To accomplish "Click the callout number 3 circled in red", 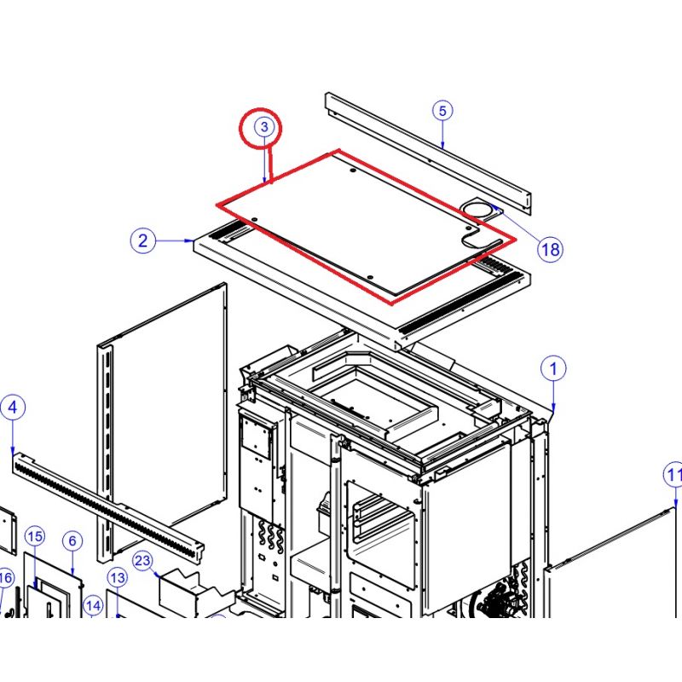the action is coord(264,126).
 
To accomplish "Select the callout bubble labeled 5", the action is coord(442,111).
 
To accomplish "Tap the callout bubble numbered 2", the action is coord(142,240).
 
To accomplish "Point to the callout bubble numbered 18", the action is coord(550,249).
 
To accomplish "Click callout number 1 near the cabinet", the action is coord(553,369).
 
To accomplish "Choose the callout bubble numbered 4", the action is coord(13,407).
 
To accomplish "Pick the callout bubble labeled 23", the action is coord(142,560).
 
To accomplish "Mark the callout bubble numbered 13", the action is coord(118,578).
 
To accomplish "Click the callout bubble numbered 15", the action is coord(35,536).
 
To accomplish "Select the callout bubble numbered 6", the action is coord(72,540).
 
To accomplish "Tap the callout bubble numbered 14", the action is coord(93,606).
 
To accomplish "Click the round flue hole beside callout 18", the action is coord(477,211).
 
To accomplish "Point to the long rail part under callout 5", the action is coord(429,153).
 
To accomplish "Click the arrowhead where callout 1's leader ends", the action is coord(553,408).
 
